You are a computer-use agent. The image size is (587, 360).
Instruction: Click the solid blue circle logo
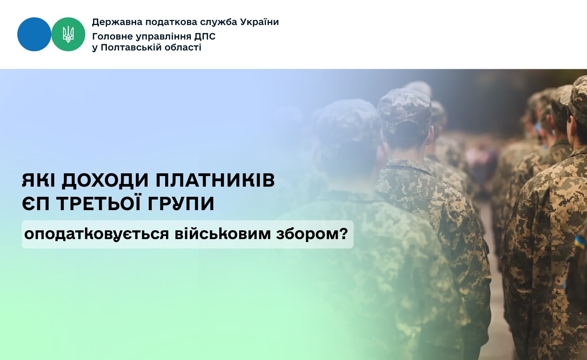coord(34,34)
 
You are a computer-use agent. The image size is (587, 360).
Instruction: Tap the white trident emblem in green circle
coord(68,34)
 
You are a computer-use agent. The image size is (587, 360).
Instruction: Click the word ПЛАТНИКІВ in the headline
coord(215,180)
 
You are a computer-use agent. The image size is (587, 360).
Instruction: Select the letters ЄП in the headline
coord(36,203)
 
